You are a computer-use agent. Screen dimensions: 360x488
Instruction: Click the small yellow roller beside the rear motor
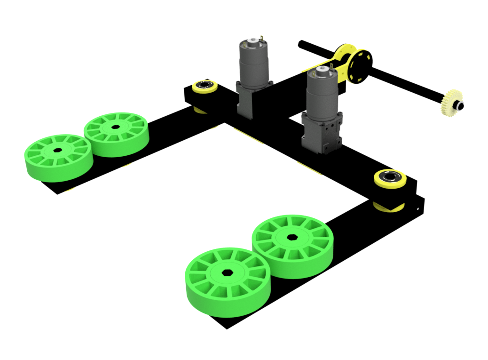point(205,87)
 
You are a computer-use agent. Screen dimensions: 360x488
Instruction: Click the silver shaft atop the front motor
point(322,70)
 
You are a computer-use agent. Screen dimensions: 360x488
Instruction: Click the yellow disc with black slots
point(360,64)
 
